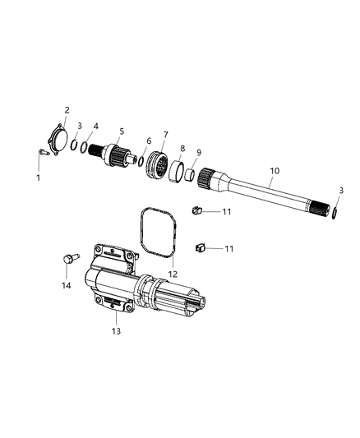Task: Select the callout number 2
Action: [67, 109]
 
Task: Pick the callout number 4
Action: [95, 126]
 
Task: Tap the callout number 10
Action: [275, 170]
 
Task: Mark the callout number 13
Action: [117, 330]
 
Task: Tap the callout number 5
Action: [122, 131]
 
